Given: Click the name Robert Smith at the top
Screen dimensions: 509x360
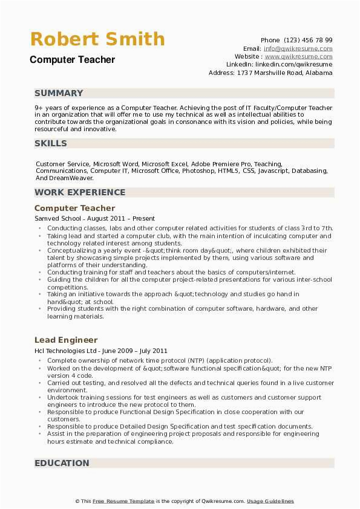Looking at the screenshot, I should pyautogui.click(x=97, y=40).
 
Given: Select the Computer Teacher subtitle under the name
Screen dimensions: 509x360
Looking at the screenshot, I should pyautogui.click(x=72, y=60).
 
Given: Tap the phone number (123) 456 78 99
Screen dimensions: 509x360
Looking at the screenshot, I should pyautogui.click(x=308, y=41).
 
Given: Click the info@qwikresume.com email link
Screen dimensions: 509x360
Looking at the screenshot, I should pyautogui.click(x=298, y=48).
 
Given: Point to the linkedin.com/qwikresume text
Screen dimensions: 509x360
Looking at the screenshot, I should pyautogui.click(x=293, y=64).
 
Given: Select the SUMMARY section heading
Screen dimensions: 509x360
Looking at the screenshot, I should pyautogui.click(x=59, y=93).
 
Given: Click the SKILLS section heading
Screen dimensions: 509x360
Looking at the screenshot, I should pyautogui.click(x=51, y=143).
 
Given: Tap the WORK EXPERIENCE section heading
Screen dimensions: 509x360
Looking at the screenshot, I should pyautogui.click(x=80, y=192).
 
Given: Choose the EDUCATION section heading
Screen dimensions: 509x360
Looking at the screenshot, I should pyautogui.click(x=62, y=463).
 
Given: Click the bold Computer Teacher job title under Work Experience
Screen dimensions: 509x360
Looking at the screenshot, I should pyautogui.click(x=74, y=208).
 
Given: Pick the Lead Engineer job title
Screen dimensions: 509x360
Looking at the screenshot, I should pyautogui.click(x=66, y=340).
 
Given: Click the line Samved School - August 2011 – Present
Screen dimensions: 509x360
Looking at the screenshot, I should pyautogui.click(x=94, y=218).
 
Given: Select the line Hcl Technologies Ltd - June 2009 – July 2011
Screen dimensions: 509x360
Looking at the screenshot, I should pyautogui.click(x=101, y=351).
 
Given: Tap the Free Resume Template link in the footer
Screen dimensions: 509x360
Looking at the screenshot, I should pyautogui.click(x=123, y=501).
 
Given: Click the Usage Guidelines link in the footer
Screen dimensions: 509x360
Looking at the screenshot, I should pyautogui.click(x=270, y=501).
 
